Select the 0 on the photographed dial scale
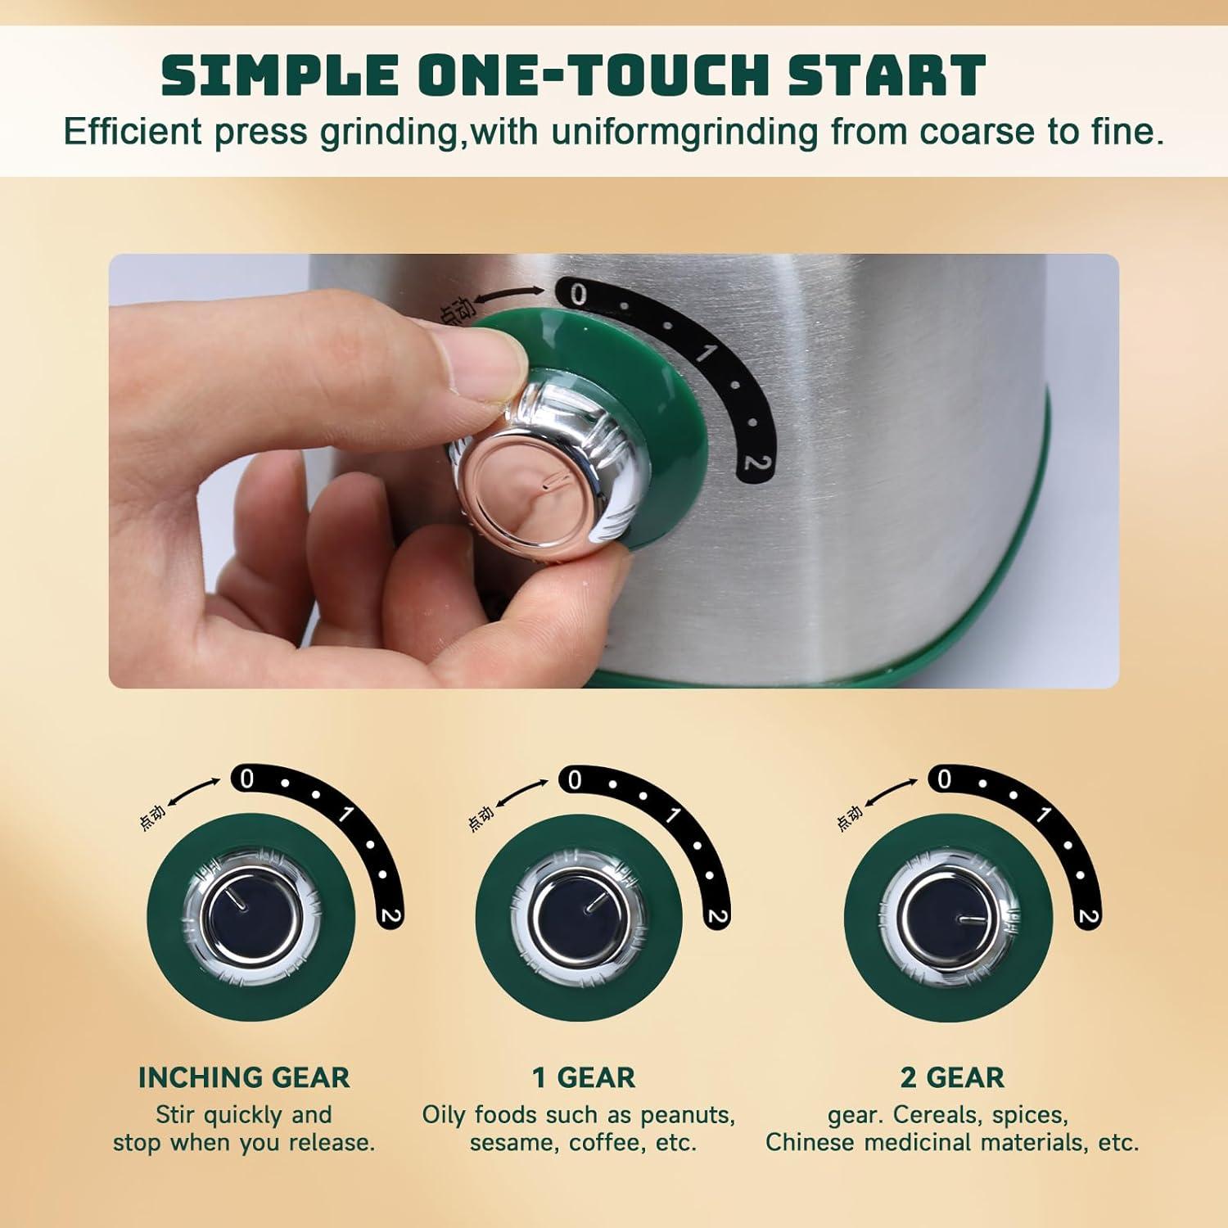578,295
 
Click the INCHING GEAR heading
243,1077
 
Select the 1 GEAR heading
583,1077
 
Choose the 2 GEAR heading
952,1077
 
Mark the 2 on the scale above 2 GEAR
1088,916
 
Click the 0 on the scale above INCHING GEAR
246,780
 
